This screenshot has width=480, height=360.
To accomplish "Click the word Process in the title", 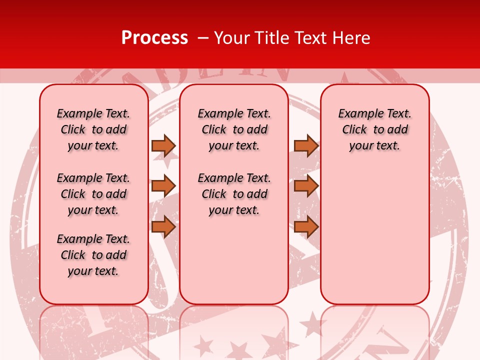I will click(154, 38).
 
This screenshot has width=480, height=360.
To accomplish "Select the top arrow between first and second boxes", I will click(163, 145).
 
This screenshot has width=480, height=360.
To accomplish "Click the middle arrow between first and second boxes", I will click(163, 186).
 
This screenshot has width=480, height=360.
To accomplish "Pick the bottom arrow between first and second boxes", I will click(163, 226).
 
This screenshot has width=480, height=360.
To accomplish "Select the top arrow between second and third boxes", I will click(306, 145).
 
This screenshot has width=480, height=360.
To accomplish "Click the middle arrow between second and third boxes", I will click(306, 186).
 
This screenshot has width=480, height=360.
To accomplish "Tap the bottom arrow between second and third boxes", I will click(306, 226).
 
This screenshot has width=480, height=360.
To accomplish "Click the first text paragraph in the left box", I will click(93, 129).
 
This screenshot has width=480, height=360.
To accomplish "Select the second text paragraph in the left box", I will click(93, 194).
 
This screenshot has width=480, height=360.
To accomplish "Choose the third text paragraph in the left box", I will click(93, 255).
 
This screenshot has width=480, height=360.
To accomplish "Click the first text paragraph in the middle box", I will click(234, 129).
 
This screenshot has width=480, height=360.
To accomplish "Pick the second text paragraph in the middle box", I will click(234, 194).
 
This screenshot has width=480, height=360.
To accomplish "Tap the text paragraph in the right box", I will click(375, 129).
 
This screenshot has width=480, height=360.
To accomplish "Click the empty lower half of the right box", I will click(375, 240).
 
